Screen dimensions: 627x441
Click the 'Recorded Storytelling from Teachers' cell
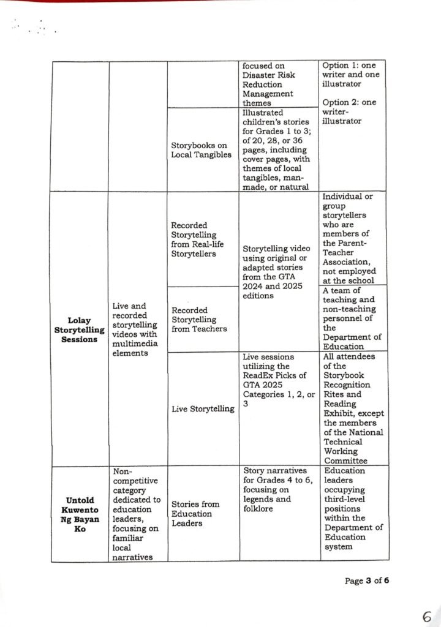coord(199,319)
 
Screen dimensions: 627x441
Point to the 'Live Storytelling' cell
coord(203,408)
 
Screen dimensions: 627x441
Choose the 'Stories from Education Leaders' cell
coord(195,514)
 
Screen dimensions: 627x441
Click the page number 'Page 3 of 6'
coord(367,580)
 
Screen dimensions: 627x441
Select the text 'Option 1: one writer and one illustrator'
coord(352,74)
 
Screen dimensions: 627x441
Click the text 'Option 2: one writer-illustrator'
coord(352,111)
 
